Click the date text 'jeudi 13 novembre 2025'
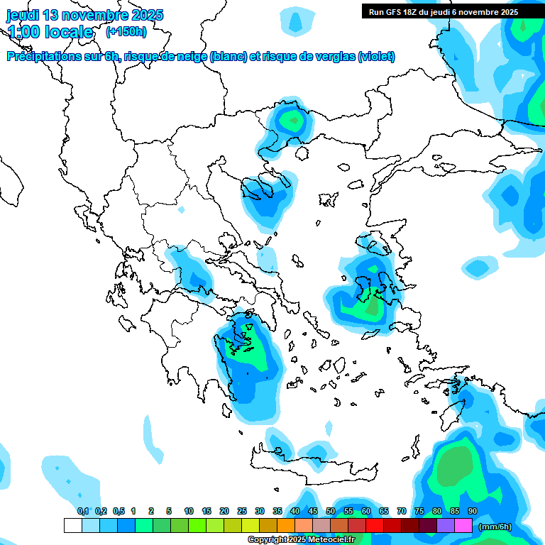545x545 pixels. coord(84,15)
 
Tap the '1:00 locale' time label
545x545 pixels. coord(50,32)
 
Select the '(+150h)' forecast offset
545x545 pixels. coord(126,32)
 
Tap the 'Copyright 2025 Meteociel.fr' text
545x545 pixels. coord(302,539)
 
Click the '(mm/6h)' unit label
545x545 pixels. coord(495,526)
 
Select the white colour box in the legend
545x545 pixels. coord(73,525)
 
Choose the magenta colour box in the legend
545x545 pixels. coord(463,525)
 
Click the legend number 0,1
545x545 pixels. coord(83,511)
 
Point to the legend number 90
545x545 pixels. coord(473,511)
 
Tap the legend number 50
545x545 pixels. coord(331,511)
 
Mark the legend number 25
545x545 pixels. coord(242,511)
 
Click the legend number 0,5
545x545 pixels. coord(119,511)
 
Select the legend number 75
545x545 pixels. coord(419,511)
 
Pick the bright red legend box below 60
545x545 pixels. coord(375,525)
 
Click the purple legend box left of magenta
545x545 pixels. coord(446,525)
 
